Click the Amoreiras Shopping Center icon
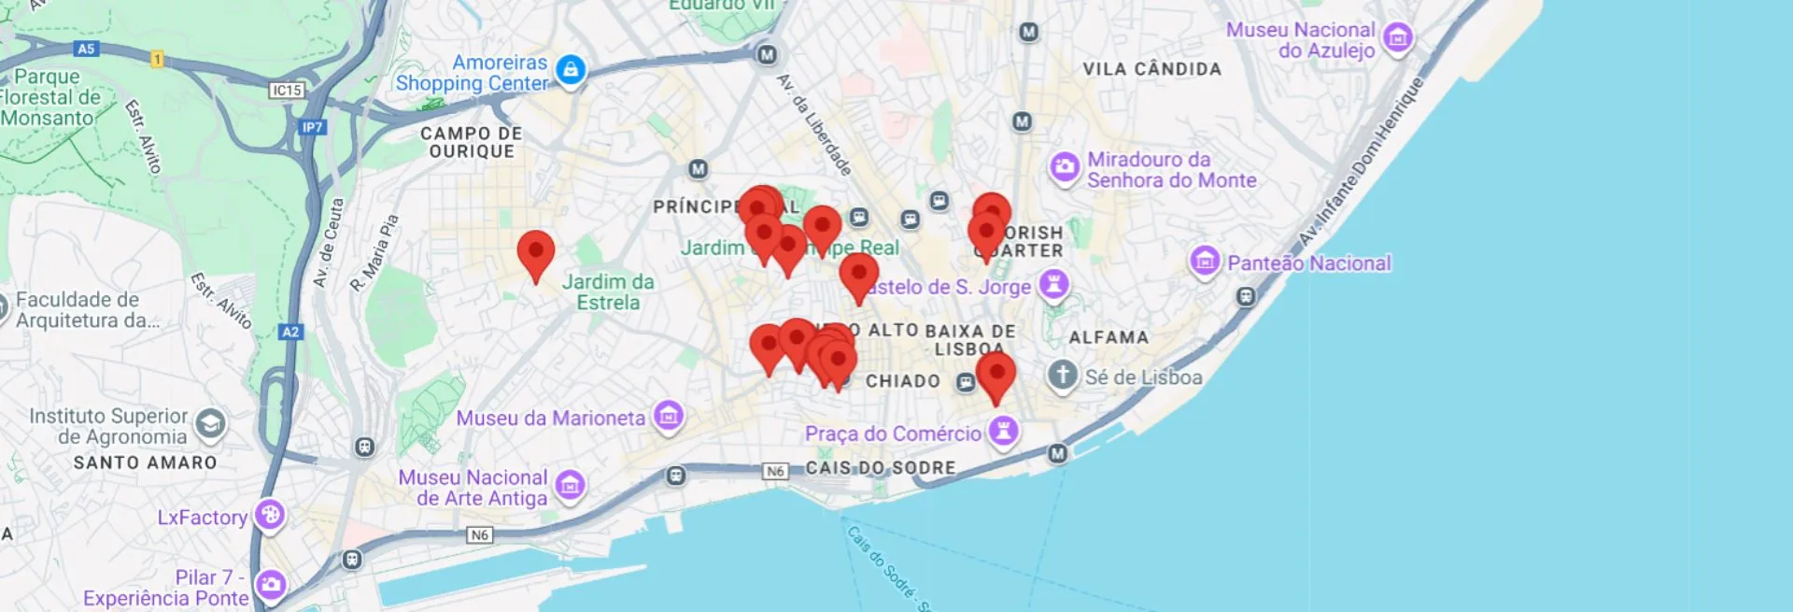[x=571, y=69]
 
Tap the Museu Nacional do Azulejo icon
[x=1397, y=37]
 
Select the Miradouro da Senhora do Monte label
[x=1171, y=170]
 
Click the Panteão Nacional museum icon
[x=1205, y=260]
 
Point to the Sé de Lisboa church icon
[x=1062, y=375]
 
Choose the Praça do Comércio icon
[x=1003, y=431]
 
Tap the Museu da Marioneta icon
[x=668, y=415]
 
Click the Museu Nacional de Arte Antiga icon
[x=570, y=484]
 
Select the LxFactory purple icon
[x=270, y=514]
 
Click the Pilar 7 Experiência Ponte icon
[x=271, y=585]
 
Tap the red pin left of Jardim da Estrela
[x=536, y=252]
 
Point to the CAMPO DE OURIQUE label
[x=472, y=142]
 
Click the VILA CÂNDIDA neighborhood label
[x=1151, y=69]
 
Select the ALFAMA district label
[x=1108, y=337]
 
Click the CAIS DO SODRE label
[x=881, y=467]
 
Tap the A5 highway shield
[x=86, y=49]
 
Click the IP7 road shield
[x=312, y=127]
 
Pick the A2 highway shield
[x=290, y=332]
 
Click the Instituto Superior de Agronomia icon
[x=210, y=424]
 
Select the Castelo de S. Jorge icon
[x=1053, y=283]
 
